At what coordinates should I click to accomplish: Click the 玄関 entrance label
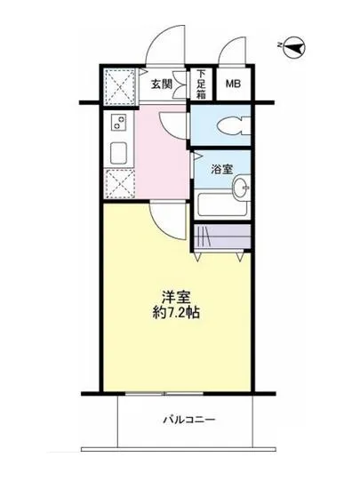(x=161, y=85)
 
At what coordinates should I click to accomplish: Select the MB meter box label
(x=233, y=84)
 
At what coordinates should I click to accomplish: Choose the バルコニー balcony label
(x=188, y=419)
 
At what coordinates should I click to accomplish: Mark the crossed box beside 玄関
(x=118, y=86)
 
